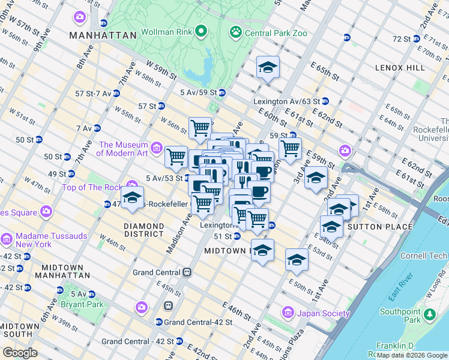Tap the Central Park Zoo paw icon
coord(236,31)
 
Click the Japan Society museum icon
coord(288,313)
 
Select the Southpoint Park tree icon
coord(430,314)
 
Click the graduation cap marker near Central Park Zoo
coord(268,67)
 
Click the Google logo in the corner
coord(20,353)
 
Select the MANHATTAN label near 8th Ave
coord(103,36)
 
